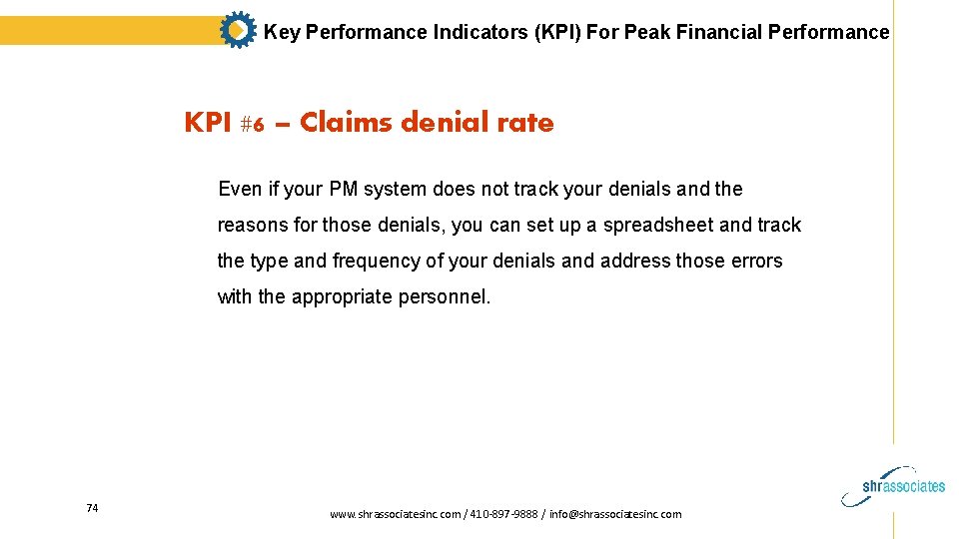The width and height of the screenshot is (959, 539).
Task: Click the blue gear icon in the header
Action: [x=237, y=31]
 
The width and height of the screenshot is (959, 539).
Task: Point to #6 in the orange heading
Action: [x=252, y=124]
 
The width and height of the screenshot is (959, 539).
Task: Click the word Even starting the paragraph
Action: [x=239, y=189]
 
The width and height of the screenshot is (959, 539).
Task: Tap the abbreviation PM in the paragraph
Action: [x=343, y=189]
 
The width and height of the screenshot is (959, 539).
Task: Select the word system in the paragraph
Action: [x=397, y=189]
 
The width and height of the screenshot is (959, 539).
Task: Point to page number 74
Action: [x=92, y=508]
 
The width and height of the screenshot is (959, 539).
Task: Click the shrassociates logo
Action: [x=904, y=483]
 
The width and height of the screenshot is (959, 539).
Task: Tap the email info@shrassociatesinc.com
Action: [x=615, y=514]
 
